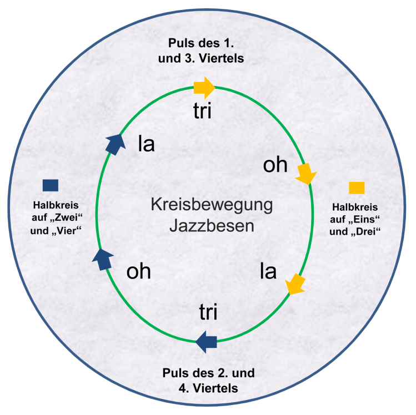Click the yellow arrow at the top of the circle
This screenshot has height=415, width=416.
pyautogui.click(x=204, y=87)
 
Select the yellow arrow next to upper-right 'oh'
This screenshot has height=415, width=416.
pyautogui.click(x=305, y=174)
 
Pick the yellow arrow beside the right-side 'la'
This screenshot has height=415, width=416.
pyautogui.click(x=295, y=284)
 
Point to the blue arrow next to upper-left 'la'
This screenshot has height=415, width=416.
pyautogui.click(x=113, y=144)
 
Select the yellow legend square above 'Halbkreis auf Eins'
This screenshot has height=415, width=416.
pyautogui.click(x=357, y=188)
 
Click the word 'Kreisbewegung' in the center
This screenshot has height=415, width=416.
pyautogui.click(x=212, y=205)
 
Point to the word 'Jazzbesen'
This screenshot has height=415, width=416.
pyautogui.click(x=212, y=227)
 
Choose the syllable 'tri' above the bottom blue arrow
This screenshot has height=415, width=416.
pyautogui.click(x=208, y=313)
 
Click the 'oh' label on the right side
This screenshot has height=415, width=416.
pyautogui.click(x=275, y=165)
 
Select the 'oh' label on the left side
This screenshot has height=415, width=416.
pyautogui.click(x=139, y=272)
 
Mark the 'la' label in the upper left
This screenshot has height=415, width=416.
pyautogui.click(x=146, y=145)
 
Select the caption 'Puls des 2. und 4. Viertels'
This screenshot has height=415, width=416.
pyautogui.click(x=208, y=380)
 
